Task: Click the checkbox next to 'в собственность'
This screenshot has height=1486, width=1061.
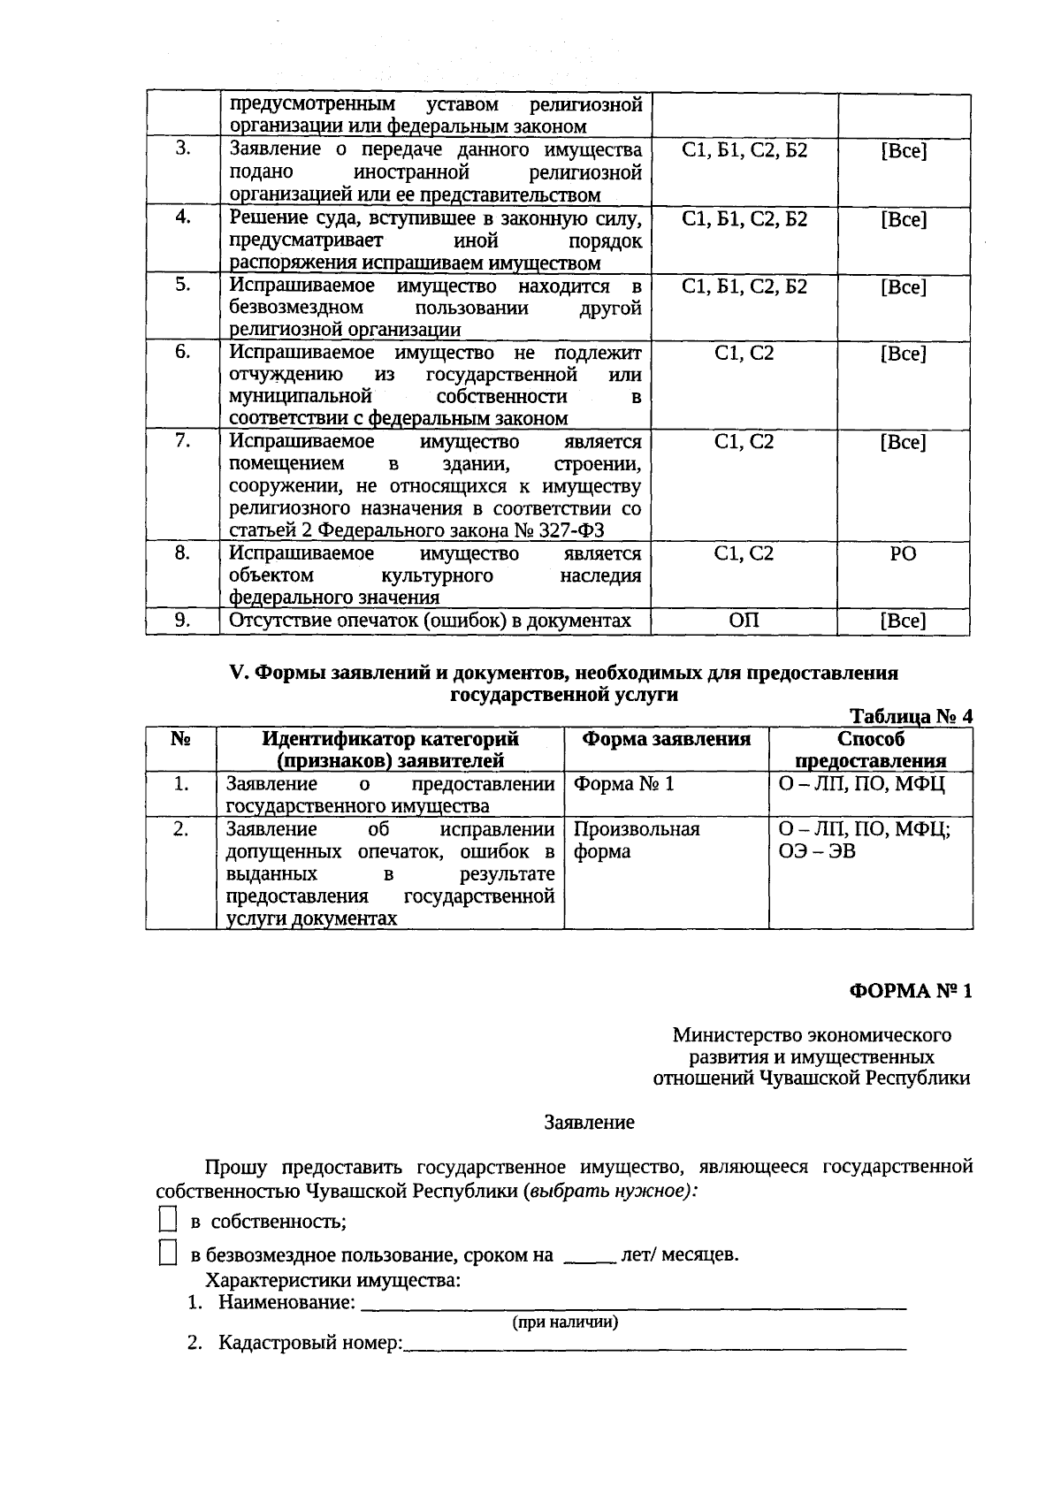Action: [167, 1221]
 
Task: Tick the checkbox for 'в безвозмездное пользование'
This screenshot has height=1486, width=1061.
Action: [167, 1253]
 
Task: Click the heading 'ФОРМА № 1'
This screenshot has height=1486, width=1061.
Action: [911, 991]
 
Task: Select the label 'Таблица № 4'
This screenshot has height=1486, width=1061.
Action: [911, 716]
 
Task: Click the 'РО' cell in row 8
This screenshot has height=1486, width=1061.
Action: [903, 553]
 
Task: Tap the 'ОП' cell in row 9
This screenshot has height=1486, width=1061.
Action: [744, 621]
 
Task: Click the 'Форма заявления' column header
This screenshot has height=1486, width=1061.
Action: [666, 739]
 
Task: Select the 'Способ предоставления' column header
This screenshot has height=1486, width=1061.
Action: [871, 750]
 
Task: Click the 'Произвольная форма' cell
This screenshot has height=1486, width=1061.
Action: [637, 840]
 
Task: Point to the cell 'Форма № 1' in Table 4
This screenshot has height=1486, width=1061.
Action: [624, 784]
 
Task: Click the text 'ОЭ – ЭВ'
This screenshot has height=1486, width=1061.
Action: [817, 852]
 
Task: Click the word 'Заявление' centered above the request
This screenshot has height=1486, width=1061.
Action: [589, 1123]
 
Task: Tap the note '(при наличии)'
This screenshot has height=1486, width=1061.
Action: [566, 1322]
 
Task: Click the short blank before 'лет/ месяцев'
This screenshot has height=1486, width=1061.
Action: [589, 1256]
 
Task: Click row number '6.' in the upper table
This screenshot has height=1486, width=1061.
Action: [182, 351]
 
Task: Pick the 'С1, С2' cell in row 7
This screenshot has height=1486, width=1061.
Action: [744, 441]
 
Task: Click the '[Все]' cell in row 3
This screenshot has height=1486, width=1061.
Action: [903, 150]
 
